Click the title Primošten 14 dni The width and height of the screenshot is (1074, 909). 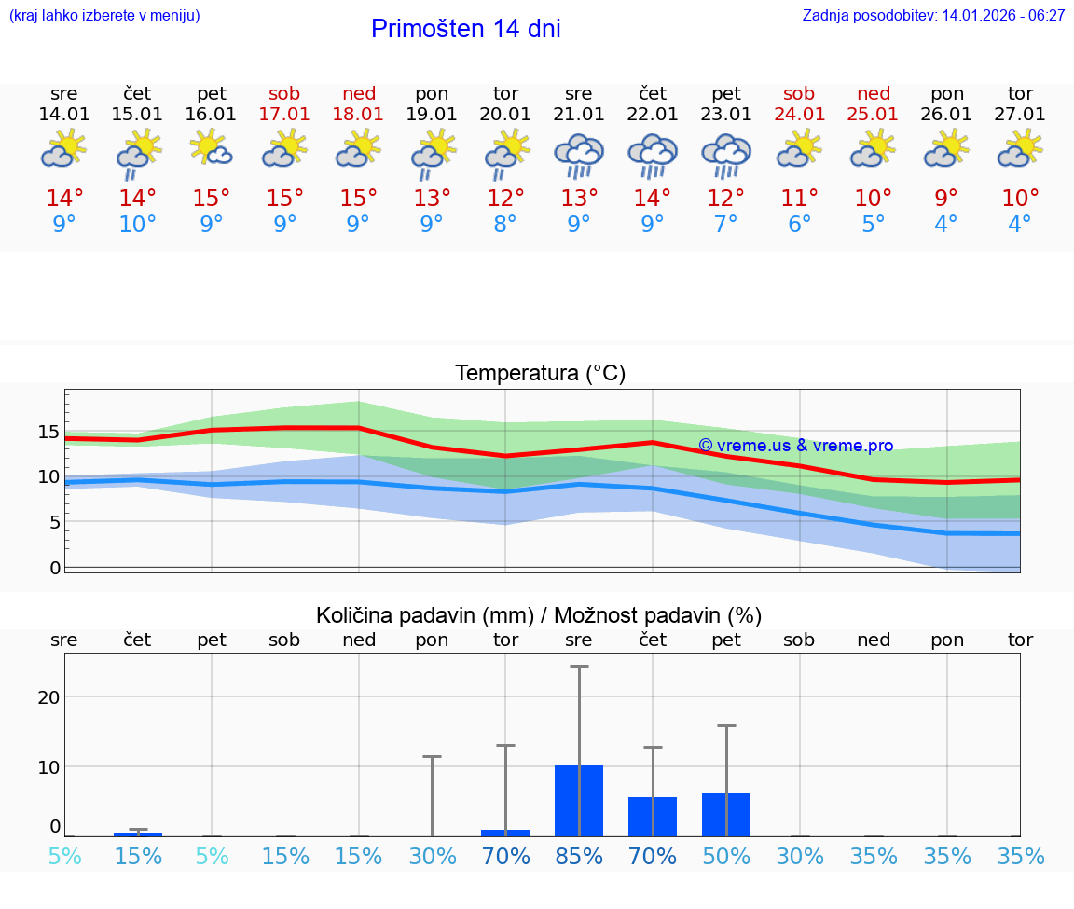click(x=465, y=29)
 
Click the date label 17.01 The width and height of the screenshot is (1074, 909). click(x=284, y=115)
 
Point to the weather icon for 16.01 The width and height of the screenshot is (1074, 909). click(x=212, y=149)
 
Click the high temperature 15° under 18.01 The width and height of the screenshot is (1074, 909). click(x=358, y=199)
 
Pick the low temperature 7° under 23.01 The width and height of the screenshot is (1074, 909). click(x=725, y=225)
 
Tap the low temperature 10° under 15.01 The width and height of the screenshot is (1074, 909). click(x=137, y=225)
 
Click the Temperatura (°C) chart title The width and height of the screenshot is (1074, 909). click(x=540, y=374)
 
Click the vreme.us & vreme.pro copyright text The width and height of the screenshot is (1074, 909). click(x=795, y=446)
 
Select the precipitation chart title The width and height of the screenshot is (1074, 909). click(x=539, y=615)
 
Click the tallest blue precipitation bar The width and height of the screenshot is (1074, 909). click(x=579, y=801)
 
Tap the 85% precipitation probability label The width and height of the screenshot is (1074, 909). click(x=579, y=857)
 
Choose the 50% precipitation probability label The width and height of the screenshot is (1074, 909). click(x=725, y=857)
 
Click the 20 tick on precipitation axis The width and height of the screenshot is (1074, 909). click(x=48, y=697)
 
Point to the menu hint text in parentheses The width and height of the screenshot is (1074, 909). click(x=104, y=16)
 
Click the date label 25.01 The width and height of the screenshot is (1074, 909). click(x=873, y=115)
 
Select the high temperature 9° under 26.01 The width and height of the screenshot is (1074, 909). click(x=946, y=199)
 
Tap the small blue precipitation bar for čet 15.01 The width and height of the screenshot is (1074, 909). click(x=138, y=833)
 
